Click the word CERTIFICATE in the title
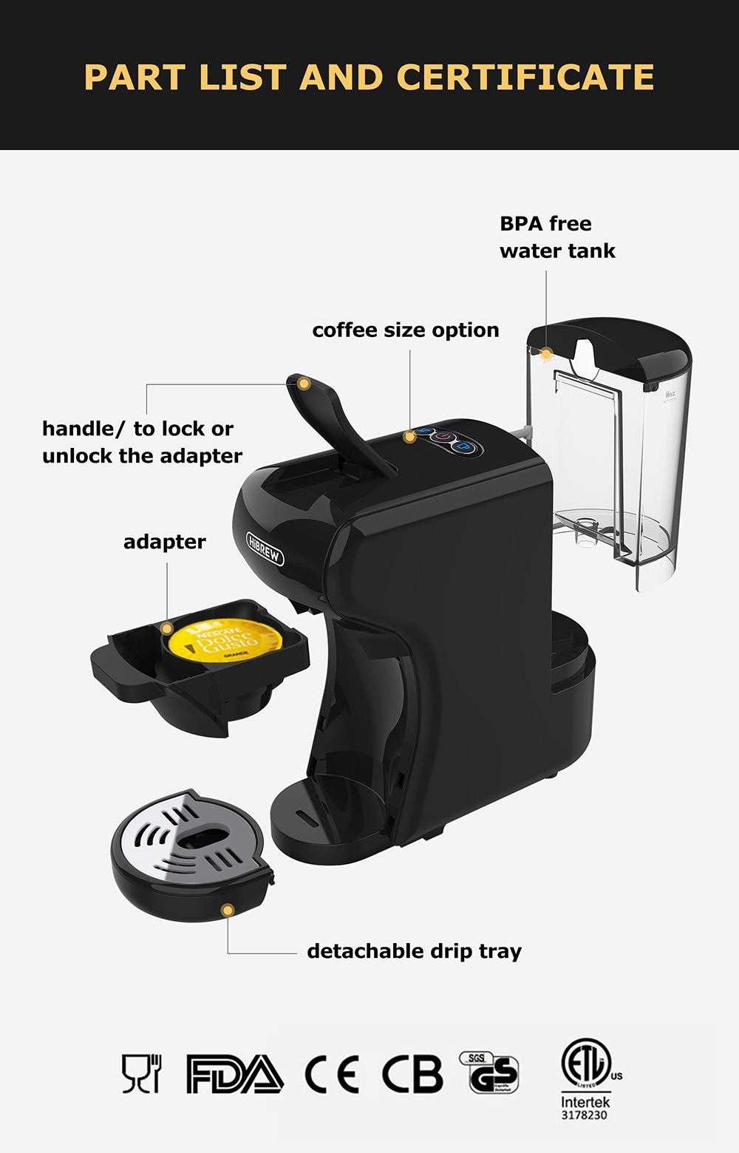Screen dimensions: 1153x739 tap(525, 77)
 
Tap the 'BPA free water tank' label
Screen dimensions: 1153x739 tap(556, 237)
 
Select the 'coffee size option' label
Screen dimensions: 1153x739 tap(405, 330)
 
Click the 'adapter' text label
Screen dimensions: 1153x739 tap(164, 542)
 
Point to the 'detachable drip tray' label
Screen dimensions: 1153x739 tap(414, 950)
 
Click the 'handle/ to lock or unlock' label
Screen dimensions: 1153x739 tap(142, 442)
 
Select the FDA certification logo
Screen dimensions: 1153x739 tap(234, 1075)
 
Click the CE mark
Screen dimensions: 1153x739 tap(332, 1075)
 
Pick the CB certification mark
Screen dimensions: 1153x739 tap(412, 1075)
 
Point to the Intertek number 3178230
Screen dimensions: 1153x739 tap(584, 1115)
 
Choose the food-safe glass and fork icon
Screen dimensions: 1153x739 tap(141, 1074)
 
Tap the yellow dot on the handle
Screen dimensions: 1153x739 tap(304, 383)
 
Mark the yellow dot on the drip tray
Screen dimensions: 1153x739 tap(228, 910)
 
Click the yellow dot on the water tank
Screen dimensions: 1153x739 tap(546, 353)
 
